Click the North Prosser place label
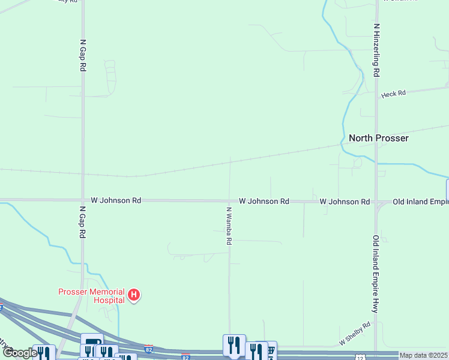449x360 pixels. click(379, 138)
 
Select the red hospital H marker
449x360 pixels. click(134, 295)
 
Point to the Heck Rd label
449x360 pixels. click(394, 94)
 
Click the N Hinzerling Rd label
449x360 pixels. click(376, 50)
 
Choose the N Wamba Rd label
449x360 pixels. click(229, 226)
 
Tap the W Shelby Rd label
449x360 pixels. click(355, 334)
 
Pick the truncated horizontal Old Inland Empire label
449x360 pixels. click(420, 202)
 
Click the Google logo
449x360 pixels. click(20, 353)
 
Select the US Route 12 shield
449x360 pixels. click(360, 357)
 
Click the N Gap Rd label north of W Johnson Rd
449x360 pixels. click(83, 56)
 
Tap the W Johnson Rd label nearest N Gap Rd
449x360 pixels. click(116, 200)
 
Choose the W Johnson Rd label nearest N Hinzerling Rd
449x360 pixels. click(345, 202)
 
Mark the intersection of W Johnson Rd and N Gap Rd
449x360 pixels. click(83, 200)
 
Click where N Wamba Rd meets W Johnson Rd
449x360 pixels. click(229, 201)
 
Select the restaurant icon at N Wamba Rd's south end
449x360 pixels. click(234, 344)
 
